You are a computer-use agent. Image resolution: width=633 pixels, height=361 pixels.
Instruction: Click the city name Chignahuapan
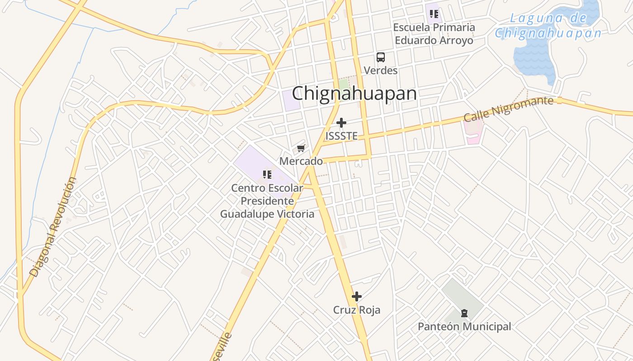[354, 93]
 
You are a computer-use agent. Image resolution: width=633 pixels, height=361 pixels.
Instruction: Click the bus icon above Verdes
[381, 57]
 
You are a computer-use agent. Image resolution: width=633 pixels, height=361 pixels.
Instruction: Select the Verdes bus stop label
[381, 70]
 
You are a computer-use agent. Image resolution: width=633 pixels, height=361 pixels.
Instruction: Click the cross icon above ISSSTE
[341, 123]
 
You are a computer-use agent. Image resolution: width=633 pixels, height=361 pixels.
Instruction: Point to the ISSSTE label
[341, 136]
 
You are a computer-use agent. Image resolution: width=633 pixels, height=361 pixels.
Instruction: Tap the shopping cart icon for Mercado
[301, 148]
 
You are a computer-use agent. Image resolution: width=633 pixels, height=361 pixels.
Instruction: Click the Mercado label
[301, 161]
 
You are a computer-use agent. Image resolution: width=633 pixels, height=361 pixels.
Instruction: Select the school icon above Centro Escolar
[267, 174]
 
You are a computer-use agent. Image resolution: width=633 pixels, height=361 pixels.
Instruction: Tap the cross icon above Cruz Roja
[357, 296]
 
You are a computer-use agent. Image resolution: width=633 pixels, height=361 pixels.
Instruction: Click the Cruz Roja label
[357, 310]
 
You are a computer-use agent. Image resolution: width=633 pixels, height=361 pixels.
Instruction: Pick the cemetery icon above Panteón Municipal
[464, 313]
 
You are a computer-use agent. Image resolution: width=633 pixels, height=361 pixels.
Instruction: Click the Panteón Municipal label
[464, 326]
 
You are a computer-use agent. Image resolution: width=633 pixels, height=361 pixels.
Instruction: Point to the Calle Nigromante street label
[508, 108]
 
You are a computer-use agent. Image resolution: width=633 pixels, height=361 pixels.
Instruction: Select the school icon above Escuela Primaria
[434, 14]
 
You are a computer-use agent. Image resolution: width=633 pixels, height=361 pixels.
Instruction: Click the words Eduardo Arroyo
[434, 40]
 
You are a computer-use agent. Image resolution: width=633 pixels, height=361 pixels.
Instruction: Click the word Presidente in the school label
[267, 201]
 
